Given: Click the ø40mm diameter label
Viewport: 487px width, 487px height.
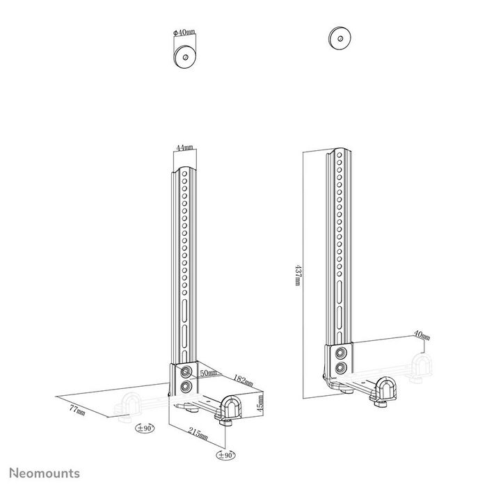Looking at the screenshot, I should pos(184,33).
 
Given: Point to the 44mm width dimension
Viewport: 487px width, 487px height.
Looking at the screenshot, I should pos(184,148).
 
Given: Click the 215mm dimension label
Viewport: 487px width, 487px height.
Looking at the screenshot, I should pos(198,435).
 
